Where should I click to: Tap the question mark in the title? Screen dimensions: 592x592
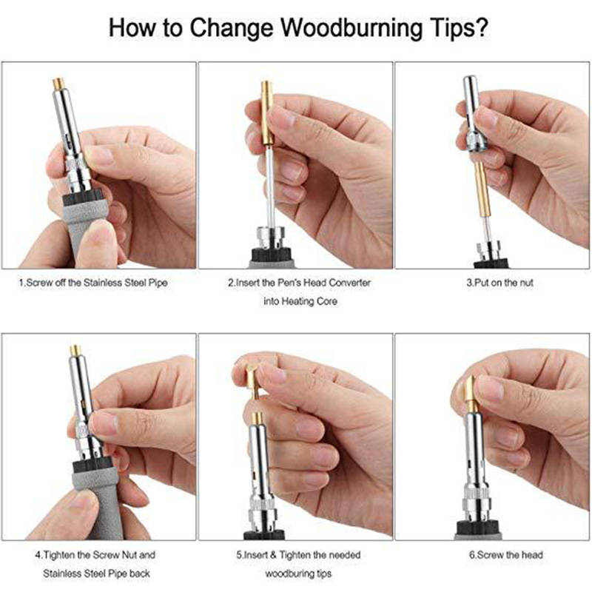click(480, 27)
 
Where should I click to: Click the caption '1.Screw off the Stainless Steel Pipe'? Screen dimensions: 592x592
click(93, 283)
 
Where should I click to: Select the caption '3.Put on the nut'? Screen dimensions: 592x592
click(500, 283)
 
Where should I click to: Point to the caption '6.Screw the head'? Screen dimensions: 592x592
click(506, 555)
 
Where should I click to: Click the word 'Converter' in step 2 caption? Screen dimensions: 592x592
click(349, 283)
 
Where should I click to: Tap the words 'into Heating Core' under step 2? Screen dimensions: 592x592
click(300, 302)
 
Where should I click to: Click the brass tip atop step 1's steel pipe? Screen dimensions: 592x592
click(58, 84)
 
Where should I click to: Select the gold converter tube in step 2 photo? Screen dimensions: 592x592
click(267, 112)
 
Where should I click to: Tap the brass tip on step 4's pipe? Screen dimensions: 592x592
click(75, 351)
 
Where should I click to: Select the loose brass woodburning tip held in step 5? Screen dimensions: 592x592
click(252, 380)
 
